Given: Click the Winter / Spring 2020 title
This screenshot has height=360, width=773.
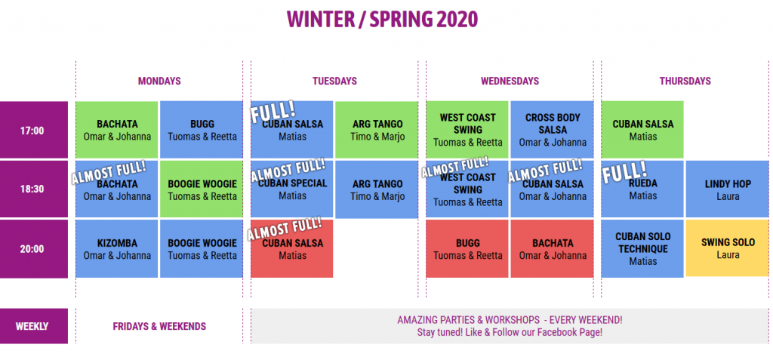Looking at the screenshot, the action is [383, 19].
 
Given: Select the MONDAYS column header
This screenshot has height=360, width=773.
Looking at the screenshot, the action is [159, 81].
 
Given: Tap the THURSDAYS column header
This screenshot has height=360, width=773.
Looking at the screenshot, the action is [685, 81].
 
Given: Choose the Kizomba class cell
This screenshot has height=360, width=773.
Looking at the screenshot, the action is [117, 248].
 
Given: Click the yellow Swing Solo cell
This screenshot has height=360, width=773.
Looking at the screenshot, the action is [728, 248].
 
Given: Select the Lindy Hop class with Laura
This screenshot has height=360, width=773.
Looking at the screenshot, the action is [728, 189].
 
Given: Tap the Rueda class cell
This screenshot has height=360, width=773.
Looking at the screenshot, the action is [642, 189].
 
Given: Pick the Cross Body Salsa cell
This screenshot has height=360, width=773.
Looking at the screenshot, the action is [552, 130].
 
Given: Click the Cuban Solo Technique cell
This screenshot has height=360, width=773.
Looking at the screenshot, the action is [642, 248].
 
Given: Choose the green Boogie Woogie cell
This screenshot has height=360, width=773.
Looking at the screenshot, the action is [202, 189].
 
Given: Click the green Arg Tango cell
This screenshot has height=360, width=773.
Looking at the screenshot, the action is [377, 130].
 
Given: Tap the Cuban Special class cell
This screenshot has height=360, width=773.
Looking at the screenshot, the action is [292, 189].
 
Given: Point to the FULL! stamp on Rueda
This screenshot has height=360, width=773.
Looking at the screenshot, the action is [625, 173].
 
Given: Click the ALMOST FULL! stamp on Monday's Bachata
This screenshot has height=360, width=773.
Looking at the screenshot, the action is [109, 171].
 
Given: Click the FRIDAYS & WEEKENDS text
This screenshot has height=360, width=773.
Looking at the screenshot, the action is [159, 327].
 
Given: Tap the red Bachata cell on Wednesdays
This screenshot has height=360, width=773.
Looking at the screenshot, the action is [552, 248].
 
